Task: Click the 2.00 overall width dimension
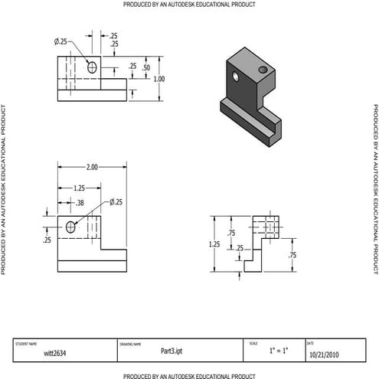(x=91, y=166)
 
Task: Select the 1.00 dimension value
(x=159, y=78)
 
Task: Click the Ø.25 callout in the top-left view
(x=60, y=40)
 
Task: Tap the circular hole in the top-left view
(x=93, y=67)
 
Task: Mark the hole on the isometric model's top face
(x=263, y=70)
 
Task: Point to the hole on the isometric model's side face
(x=237, y=77)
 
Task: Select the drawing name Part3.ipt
(x=172, y=351)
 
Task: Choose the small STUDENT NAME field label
(x=26, y=344)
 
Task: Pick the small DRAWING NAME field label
(x=130, y=344)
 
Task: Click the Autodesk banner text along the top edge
(x=189, y=5)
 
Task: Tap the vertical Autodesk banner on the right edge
(x=375, y=188)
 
